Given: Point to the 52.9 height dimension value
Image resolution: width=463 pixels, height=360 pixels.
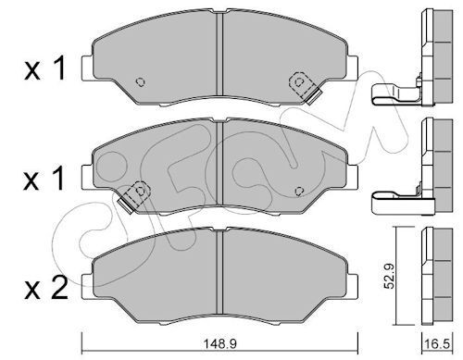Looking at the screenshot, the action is tap(389, 276).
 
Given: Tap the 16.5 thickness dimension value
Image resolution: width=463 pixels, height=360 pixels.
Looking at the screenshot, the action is tap(437, 344).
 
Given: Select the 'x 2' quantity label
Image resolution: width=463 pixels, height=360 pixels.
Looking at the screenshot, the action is tap(45, 288).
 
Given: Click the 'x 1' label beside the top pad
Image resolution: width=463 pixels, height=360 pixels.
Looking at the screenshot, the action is tap(45, 68).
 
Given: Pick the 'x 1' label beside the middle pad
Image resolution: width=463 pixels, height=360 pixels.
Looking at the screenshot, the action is tap(44, 178).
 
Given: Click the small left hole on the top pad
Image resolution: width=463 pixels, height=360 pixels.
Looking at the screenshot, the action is tap(141, 82).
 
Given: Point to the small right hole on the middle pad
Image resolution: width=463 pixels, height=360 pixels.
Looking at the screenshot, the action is tap(299, 192).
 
